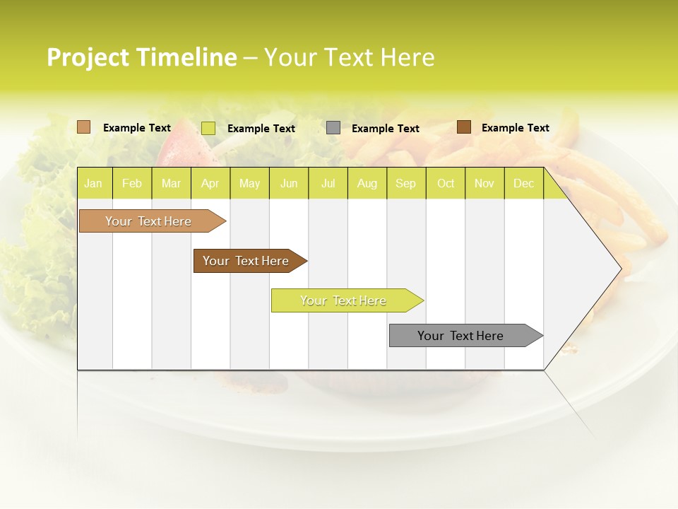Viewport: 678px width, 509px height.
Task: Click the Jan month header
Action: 93,183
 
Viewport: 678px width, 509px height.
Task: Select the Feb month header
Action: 132,183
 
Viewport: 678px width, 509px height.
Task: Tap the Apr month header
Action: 210,183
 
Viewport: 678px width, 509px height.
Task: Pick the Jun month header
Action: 289,183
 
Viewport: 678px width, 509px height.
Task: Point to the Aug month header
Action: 367,183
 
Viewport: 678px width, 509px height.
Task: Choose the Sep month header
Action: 405,183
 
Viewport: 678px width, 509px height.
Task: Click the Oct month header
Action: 446,183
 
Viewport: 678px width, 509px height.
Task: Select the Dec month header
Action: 523,183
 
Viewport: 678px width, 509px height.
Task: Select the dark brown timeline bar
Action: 247,261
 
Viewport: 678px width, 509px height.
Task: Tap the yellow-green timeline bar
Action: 345,300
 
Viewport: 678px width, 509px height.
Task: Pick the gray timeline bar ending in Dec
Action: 463,336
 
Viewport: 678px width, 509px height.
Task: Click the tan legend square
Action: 84,127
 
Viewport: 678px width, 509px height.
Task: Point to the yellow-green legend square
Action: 208,128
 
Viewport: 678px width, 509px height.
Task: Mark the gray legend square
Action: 333,128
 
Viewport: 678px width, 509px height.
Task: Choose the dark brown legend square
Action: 464,127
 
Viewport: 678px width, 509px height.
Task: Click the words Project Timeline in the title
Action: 141,57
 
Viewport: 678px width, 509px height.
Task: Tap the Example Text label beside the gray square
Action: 385,129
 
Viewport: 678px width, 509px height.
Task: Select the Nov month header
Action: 484,183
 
